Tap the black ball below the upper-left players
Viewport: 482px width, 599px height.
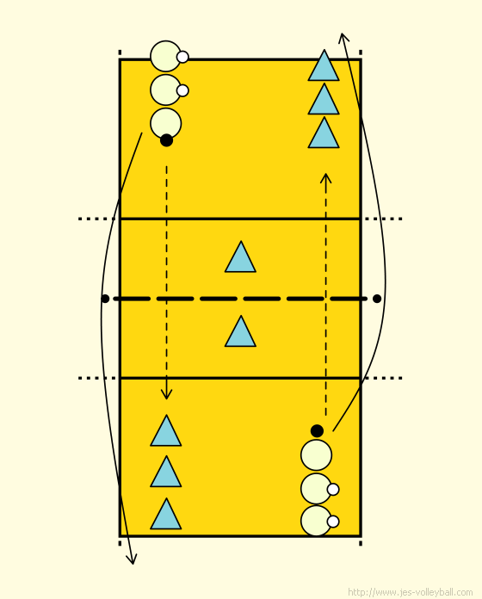166,140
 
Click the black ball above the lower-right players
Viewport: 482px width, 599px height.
317,431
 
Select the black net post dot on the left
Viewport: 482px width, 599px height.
105,299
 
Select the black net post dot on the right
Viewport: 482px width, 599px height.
377,299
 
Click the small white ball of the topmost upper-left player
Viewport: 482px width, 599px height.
182,57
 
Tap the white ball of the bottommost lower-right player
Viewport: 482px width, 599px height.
333,522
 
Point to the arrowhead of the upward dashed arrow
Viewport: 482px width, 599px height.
326,178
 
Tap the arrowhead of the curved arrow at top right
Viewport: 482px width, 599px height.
343,38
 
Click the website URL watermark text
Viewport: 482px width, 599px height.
411,592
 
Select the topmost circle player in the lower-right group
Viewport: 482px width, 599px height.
316,455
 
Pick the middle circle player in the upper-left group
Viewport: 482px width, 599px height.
166,90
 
